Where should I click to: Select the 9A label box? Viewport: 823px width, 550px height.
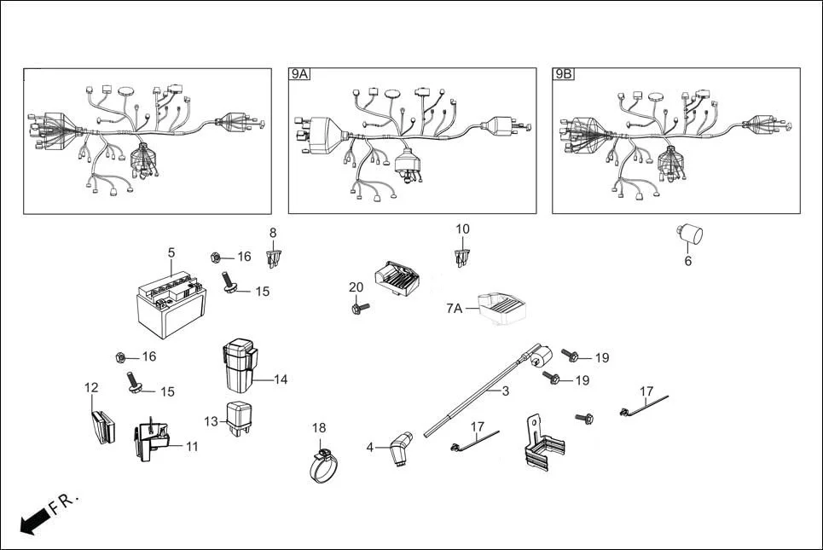click(x=299, y=75)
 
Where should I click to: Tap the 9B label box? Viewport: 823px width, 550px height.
click(x=564, y=75)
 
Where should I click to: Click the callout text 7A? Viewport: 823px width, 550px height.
click(x=454, y=308)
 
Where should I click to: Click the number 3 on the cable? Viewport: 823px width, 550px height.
click(x=505, y=391)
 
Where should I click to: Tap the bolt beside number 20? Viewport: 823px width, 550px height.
click(x=358, y=308)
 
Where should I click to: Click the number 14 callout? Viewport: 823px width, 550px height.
click(x=281, y=379)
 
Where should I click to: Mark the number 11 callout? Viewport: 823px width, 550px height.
click(x=191, y=446)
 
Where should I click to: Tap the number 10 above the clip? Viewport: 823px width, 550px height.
click(x=462, y=229)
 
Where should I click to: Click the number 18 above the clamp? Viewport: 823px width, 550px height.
click(x=319, y=427)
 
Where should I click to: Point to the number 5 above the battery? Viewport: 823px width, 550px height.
click(x=171, y=252)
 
